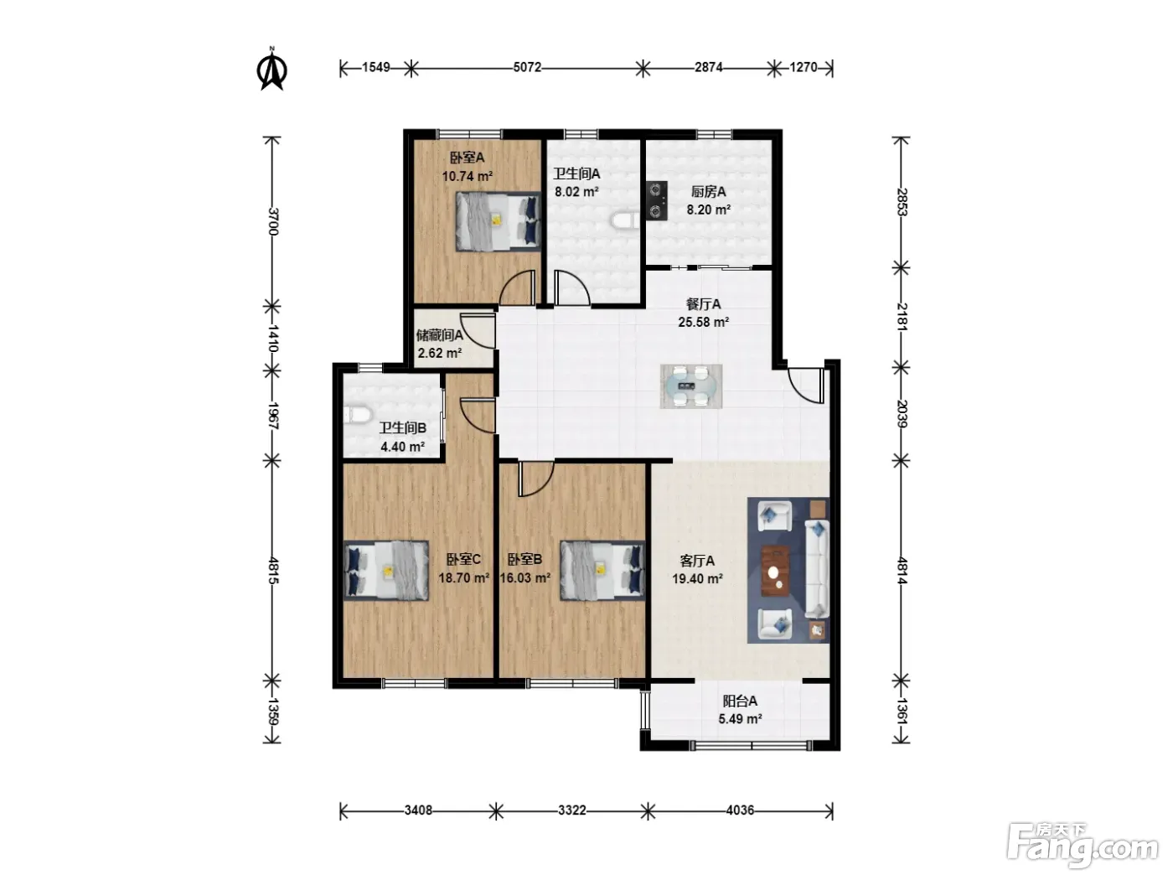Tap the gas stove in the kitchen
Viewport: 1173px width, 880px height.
tap(657, 200)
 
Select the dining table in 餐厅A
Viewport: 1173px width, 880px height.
tap(691, 386)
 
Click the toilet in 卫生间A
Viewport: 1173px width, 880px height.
tap(624, 220)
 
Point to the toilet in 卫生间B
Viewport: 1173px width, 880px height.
tap(356, 415)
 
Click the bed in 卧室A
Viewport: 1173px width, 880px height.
tap(498, 221)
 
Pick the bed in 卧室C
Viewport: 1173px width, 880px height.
tap(386, 571)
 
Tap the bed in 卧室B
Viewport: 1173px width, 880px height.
tap(602, 571)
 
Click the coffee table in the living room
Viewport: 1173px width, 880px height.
tap(776, 571)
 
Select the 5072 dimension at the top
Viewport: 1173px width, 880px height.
tap(527, 67)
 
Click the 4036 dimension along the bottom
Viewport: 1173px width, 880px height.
tap(740, 810)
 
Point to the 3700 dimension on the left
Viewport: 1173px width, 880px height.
tap(272, 221)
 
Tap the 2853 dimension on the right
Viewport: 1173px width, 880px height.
tap(902, 202)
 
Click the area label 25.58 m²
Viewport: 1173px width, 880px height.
tap(703, 322)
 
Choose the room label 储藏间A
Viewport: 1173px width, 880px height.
tap(439, 335)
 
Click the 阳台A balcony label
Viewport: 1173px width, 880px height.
tap(740, 701)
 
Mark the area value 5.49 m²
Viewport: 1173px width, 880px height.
tap(740, 718)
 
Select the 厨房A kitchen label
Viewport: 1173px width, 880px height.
tap(708, 191)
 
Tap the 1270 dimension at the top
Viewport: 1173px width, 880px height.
tap(804, 67)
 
